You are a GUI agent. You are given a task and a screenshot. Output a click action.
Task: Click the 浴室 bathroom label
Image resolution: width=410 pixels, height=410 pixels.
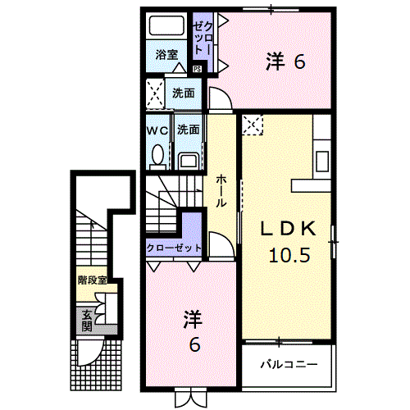click(x=166, y=55)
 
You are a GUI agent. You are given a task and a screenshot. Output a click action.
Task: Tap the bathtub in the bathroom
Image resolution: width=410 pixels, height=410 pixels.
click(x=166, y=25)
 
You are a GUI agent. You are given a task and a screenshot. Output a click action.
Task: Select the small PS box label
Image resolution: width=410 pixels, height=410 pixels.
click(x=197, y=69)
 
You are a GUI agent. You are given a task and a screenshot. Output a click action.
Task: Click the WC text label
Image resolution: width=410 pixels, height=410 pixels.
click(x=157, y=131)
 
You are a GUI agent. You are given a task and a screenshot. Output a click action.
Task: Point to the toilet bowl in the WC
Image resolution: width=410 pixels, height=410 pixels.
click(x=157, y=157)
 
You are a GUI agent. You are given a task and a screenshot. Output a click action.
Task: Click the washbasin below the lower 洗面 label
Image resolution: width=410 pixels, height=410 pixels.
click(x=188, y=161)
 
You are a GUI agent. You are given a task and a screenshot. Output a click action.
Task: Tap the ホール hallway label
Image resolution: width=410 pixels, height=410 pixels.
click(x=221, y=191)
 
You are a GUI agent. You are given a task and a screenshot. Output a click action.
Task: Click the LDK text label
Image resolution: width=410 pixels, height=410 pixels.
click(x=288, y=229)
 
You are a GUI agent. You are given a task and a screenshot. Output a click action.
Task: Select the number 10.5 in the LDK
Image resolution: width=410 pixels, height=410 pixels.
click(x=289, y=255)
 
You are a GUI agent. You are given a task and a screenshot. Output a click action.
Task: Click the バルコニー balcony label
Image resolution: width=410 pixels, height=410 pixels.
click(x=289, y=364)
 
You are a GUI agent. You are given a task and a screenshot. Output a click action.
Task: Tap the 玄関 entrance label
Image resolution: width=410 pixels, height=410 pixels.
click(x=87, y=321)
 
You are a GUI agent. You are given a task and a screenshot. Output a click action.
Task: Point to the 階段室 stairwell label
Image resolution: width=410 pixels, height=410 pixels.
click(x=93, y=280)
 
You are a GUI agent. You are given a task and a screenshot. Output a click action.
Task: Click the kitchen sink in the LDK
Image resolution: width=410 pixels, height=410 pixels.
click(x=322, y=162)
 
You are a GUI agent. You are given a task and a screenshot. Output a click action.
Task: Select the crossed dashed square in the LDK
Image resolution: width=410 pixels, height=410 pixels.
click(x=253, y=125)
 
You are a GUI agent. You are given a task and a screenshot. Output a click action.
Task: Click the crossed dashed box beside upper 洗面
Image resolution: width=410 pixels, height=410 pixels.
click(x=155, y=93)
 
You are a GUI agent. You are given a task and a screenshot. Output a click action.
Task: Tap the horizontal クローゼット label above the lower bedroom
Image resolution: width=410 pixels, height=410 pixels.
click(x=174, y=248)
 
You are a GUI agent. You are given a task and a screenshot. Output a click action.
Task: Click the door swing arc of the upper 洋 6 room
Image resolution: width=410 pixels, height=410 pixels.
click(x=225, y=93)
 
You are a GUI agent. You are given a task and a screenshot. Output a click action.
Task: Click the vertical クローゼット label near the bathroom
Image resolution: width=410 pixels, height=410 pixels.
click(x=203, y=39)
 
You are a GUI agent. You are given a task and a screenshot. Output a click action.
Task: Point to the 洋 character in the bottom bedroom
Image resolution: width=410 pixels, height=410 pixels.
click(x=194, y=319)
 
